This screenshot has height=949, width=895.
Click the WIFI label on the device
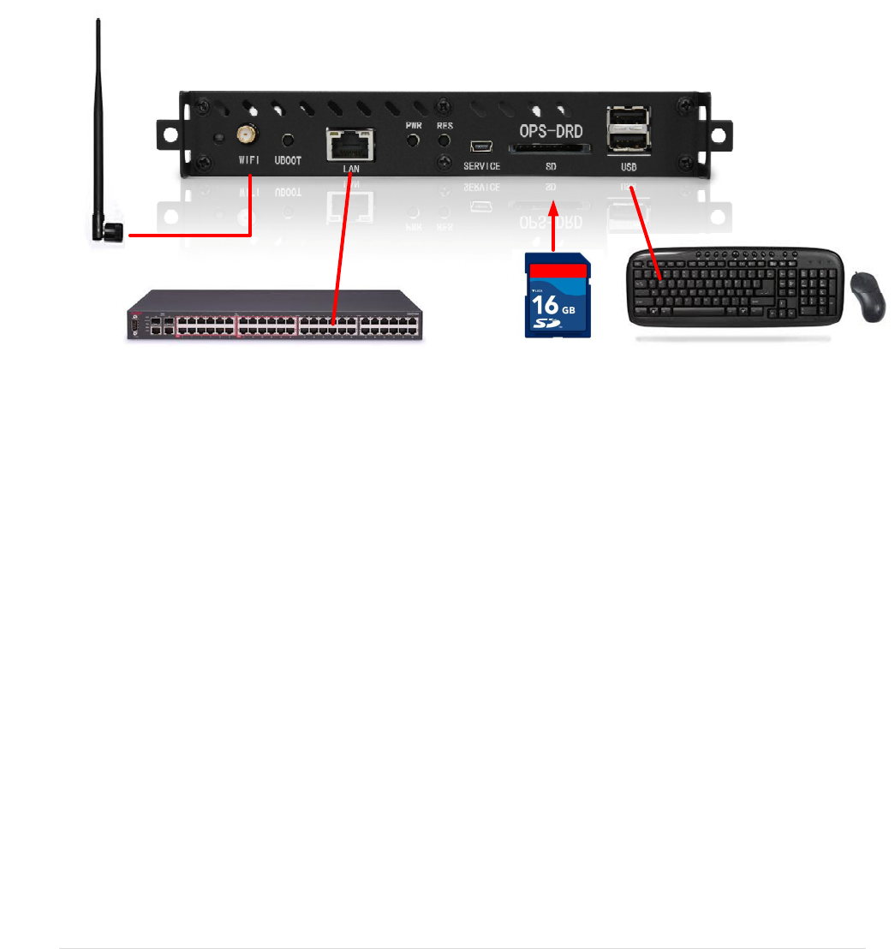[248, 160]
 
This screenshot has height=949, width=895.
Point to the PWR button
[415, 140]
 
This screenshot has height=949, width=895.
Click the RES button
[445, 140]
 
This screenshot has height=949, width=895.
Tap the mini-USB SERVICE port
[481, 146]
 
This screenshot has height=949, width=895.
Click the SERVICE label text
[481, 166]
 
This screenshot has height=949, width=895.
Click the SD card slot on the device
[549, 149]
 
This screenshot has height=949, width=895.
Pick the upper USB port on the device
[628, 117]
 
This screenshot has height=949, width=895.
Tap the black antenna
[101, 128]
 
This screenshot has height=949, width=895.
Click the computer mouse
[868, 296]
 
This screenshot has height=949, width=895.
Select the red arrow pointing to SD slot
[554, 226]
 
